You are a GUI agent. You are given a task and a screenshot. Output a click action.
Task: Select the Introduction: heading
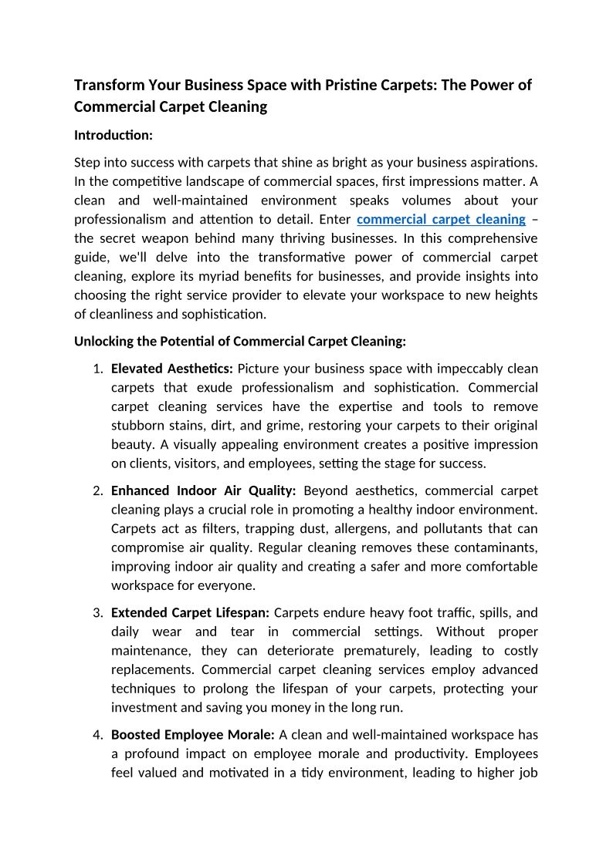point(113,135)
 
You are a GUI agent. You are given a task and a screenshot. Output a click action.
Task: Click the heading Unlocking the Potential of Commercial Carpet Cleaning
point(240,342)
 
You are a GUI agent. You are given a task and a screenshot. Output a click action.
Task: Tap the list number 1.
point(98,369)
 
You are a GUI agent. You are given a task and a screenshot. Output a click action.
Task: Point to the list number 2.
point(98,491)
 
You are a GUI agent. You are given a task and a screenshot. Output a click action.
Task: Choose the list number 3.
point(98,613)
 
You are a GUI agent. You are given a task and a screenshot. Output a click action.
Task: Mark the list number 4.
point(98,735)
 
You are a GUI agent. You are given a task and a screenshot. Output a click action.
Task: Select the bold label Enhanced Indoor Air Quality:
point(204,491)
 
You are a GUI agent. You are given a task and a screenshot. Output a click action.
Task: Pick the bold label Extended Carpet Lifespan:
point(190,613)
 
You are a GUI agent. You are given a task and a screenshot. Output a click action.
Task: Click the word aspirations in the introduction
point(501,163)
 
